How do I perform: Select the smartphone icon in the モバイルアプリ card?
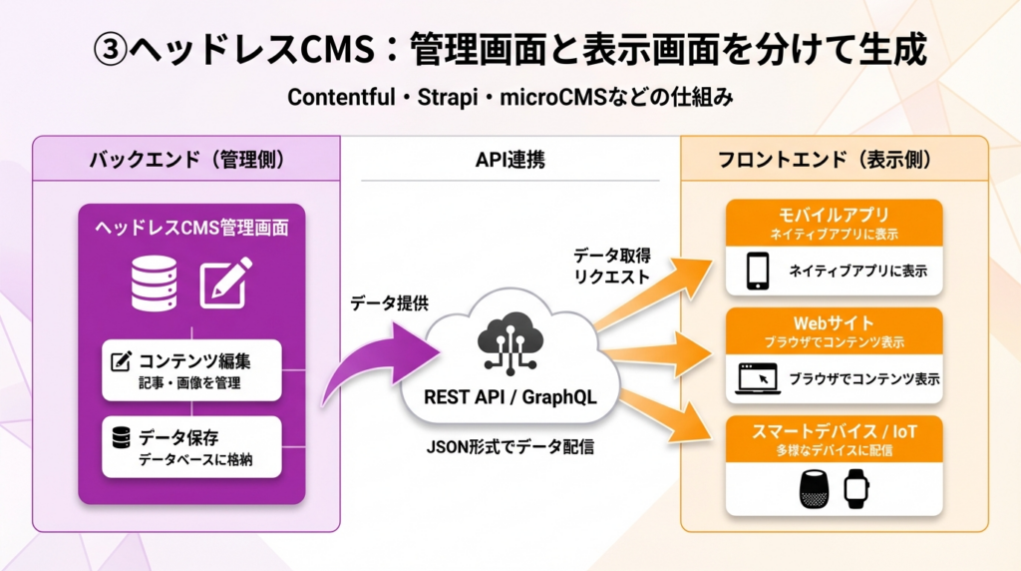coord(759,271)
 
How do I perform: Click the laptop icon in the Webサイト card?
coord(757,379)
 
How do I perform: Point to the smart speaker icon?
coord(814,488)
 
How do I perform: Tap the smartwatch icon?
coord(856,488)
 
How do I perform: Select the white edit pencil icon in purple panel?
coord(226,281)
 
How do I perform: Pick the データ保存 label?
coord(178,436)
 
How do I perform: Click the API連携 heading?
coord(510,159)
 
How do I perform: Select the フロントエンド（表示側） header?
coord(834,159)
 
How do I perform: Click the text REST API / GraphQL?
coord(510,396)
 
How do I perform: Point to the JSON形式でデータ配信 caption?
coord(510,446)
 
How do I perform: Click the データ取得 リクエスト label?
coord(611,266)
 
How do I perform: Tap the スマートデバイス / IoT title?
coord(834,432)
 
